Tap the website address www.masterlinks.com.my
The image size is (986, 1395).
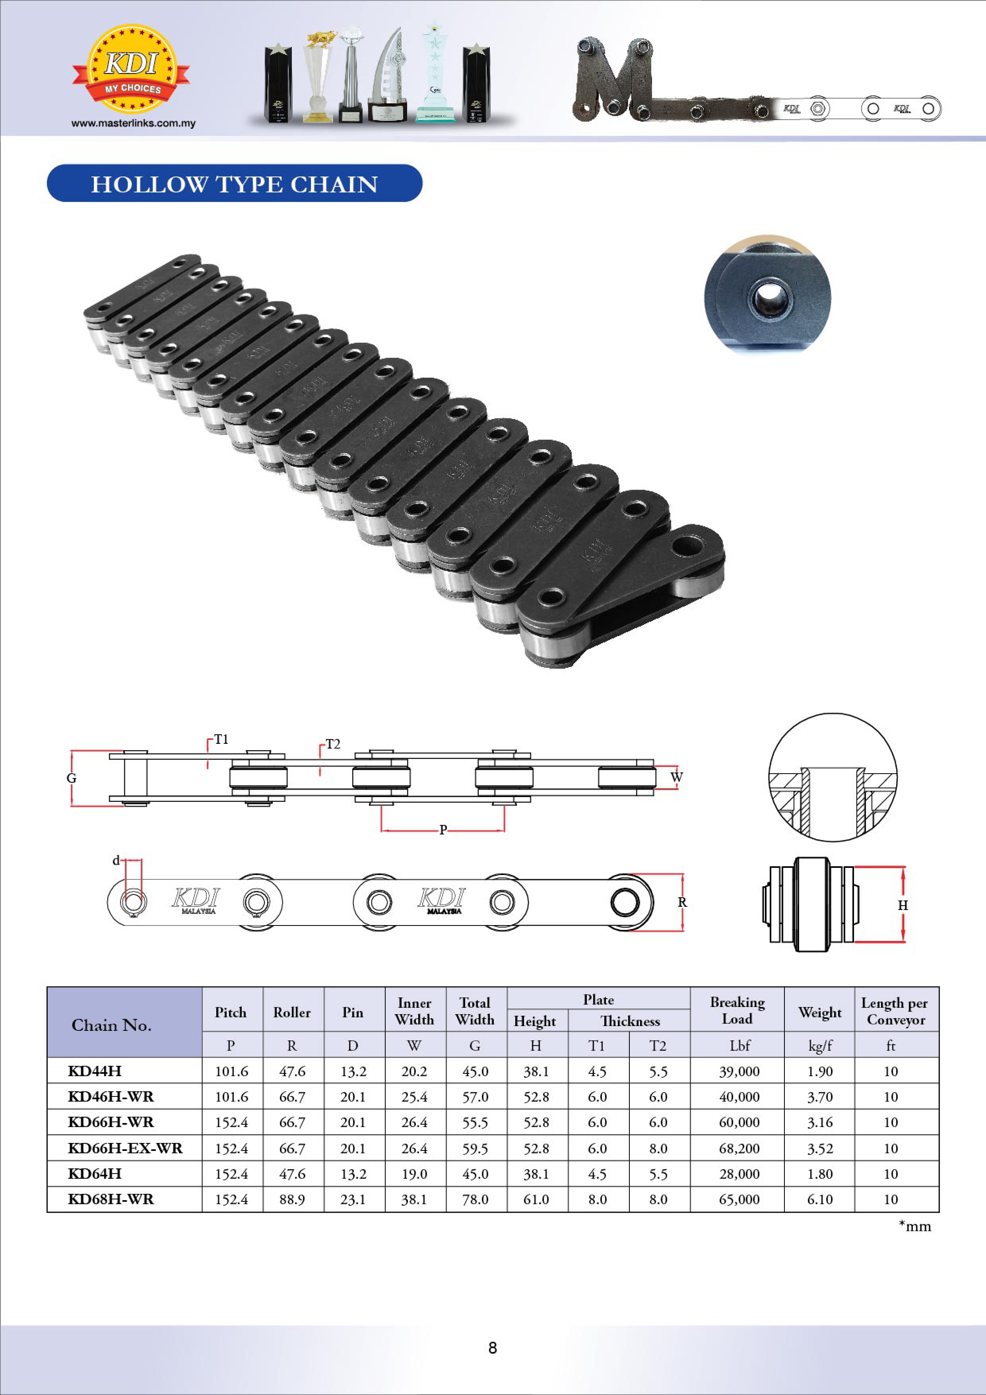click(x=134, y=123)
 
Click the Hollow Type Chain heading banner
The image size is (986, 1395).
click(x=235, y=184)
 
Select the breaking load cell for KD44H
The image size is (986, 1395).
click(x=739, y=1071)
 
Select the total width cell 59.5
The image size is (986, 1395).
click(x=475, y=1149)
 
